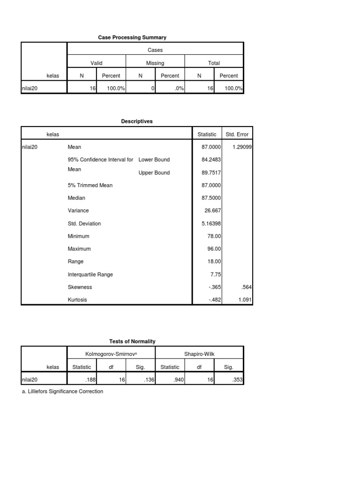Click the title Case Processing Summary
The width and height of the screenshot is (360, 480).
[132, 37]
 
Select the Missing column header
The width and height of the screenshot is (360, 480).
[155, 63]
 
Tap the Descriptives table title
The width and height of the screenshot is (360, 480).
[137, 121]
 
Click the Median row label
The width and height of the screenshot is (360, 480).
[76, 198]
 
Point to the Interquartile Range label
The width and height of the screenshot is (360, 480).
[90, 275]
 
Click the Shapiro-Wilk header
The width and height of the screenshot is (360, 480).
[199, 354]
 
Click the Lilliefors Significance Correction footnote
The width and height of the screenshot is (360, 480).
[62, 391]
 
